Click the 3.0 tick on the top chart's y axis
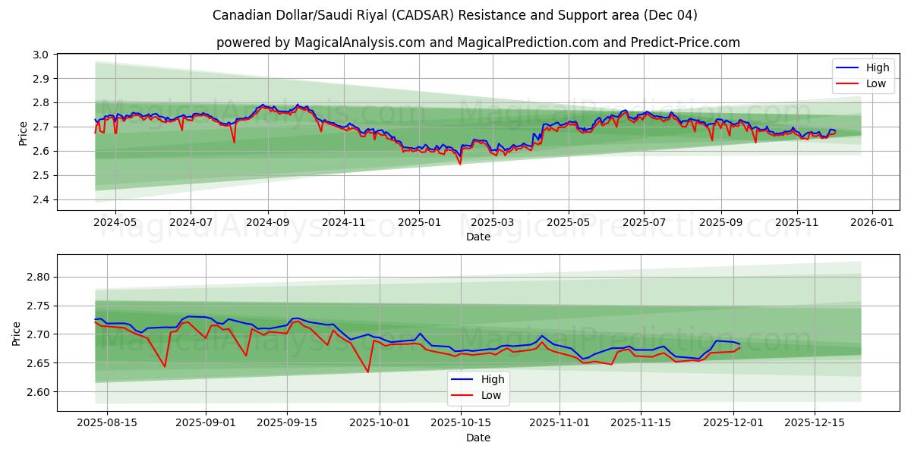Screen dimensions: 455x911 click(42, 55)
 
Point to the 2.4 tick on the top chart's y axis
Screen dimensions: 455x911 click(42, 199)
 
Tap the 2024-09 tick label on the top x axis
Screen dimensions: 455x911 click(267, 223)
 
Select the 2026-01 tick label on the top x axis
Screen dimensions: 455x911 click(872, 223)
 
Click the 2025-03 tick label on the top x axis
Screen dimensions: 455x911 click(492, 223)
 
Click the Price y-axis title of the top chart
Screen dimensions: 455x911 click(23, 133)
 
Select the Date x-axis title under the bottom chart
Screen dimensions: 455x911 click(478, 438)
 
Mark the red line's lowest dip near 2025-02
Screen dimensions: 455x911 click(459, 164)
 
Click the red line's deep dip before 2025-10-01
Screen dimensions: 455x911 click(368, 372)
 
